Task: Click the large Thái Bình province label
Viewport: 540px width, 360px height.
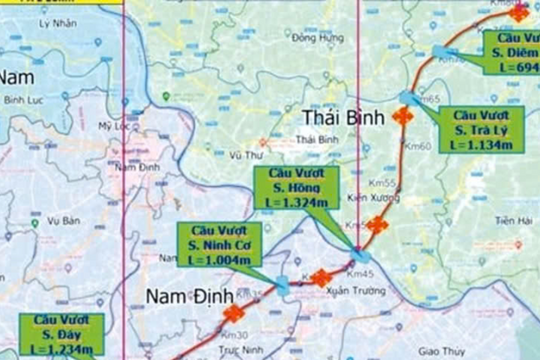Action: point(337,119)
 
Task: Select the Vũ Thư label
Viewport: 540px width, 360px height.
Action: point(245,155)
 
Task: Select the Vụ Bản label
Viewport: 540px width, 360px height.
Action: point(62,220)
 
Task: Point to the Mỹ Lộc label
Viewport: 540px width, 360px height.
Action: point(115,126)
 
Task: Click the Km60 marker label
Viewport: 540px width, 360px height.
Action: point(420,146)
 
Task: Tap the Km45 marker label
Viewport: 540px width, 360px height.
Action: point(359,272)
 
